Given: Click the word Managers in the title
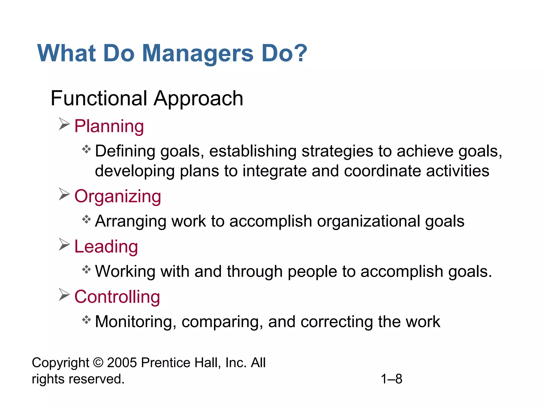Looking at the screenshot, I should coord(198,54).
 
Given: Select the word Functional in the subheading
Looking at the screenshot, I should coord(99,98).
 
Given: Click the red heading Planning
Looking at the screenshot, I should coord(109,126).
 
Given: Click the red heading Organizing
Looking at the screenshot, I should coord(118,196).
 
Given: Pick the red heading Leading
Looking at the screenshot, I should coord(106,246).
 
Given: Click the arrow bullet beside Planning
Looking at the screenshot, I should coord(64,124).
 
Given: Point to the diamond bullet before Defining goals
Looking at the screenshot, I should coord(86,149).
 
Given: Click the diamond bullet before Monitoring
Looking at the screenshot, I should coord(86,320).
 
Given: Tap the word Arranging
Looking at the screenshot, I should coord(130,222).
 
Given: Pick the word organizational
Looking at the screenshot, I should coord(368,221).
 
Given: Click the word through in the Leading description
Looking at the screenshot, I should coord(255,272).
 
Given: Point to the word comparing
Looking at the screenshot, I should coord(222,322).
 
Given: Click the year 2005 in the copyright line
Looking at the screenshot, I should coord(122,362).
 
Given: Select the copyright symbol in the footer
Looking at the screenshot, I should coord(98,362).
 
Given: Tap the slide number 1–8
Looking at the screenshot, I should coord(391,379).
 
